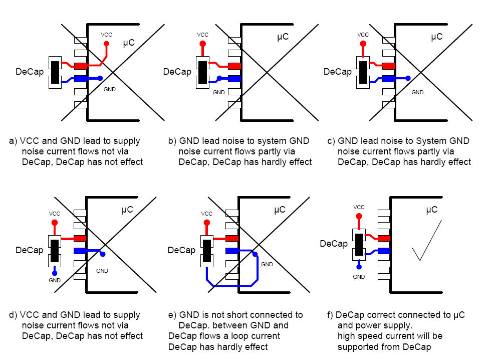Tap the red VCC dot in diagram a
click(106, 44)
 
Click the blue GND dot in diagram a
click(100, 78)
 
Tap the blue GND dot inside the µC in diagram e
click(255, 254)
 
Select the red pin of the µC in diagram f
click(384, 238)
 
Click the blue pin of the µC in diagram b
click(234, 78)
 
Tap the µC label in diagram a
click(129, 44)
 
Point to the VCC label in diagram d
click(55, 213)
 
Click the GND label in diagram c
click(417, 92)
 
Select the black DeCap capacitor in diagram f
click(359, 244)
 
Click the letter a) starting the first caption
click(13, 141)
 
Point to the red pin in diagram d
click(80, 238)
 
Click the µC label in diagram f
click(431, 209)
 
